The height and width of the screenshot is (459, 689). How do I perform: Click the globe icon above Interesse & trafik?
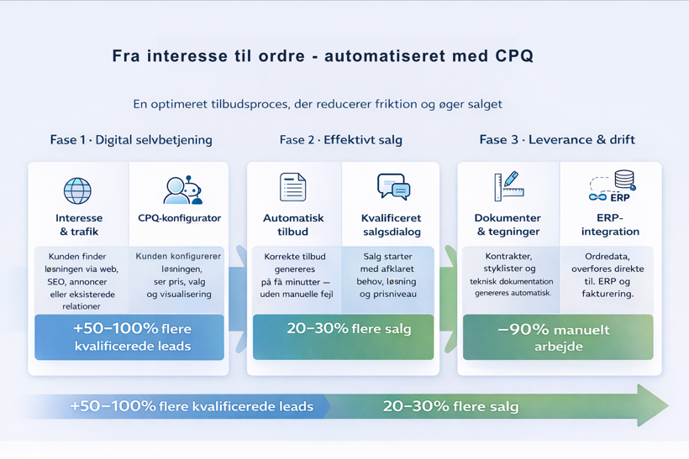(x=77, y=190)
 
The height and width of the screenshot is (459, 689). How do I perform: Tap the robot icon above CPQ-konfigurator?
(x=181, y=190)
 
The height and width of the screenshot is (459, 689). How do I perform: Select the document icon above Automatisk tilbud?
(x=292, y=187)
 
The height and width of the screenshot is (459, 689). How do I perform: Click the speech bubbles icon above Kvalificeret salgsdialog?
(x=392, y=186)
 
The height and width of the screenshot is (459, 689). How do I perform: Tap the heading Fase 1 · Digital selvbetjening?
(x=131, y=140)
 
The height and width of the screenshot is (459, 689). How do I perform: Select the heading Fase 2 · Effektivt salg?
(x=340, y=140)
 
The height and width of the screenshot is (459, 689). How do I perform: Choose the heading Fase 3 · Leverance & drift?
(x=557, y=140)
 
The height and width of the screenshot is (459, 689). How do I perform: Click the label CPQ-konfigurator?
(x=179, y=218)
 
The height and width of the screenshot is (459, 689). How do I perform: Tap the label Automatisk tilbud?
(x=293, y=225)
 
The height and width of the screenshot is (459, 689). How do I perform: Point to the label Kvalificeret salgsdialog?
(x=392, y=225)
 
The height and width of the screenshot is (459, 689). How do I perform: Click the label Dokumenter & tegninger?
(x=508, y=225)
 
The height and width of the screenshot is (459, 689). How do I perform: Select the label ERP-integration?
(x=610, y=225)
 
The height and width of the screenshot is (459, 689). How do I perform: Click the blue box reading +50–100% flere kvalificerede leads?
(x=132, y=337)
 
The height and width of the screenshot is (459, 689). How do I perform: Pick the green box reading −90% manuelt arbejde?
(x=558, y=337)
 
